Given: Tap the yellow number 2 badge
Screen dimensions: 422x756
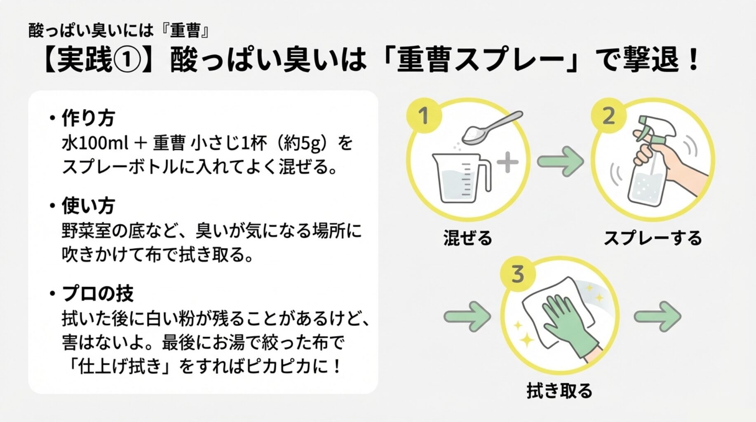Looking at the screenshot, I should tap(609, 116).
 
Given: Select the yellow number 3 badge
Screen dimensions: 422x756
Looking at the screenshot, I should tap(518, 274).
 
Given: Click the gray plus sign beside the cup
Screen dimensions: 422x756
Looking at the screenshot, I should tap(507, 162).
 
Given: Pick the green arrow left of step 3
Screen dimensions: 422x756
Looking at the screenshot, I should tap(467, 316).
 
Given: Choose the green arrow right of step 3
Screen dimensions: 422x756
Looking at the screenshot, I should tap(657, 316).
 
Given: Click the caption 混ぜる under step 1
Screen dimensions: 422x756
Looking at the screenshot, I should tap(468, 238).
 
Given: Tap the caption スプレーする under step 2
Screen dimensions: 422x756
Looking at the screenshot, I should tap(653, 238).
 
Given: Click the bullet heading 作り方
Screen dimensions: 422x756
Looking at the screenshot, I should tap(88, 118).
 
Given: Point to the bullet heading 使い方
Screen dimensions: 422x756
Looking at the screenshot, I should tap(88, 206).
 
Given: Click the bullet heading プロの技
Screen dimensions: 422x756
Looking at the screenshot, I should tap(97, 293).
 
